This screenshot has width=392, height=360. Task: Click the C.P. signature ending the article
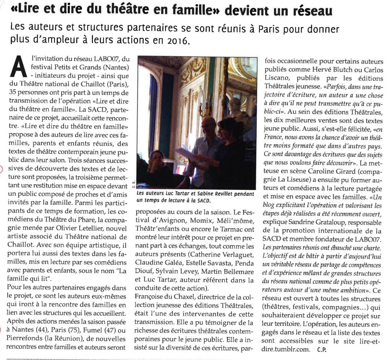[322, 349]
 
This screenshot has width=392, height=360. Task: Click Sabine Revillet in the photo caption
[212, 194]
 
